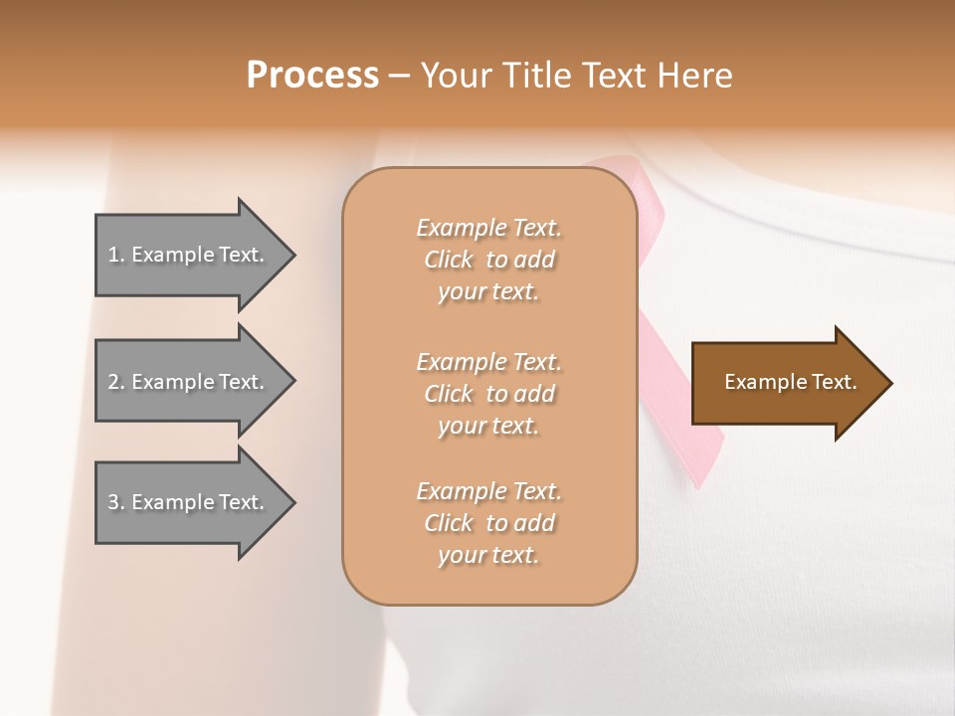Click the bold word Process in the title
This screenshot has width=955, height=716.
point(312,76)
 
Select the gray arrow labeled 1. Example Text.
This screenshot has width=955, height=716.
point(189,256)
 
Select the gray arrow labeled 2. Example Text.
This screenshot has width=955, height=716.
point(189,382)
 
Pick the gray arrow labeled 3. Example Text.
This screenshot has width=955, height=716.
point(189,502)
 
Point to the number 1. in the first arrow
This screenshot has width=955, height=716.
point(116,256)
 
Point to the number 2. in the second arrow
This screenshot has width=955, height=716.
point(116,382)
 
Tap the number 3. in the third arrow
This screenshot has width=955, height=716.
point(116,502)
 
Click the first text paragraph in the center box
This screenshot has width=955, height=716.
point(488,260)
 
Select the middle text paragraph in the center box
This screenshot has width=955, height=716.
point(488,394)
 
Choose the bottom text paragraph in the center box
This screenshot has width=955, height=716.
point(488,523)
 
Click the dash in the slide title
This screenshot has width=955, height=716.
point(400,76)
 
